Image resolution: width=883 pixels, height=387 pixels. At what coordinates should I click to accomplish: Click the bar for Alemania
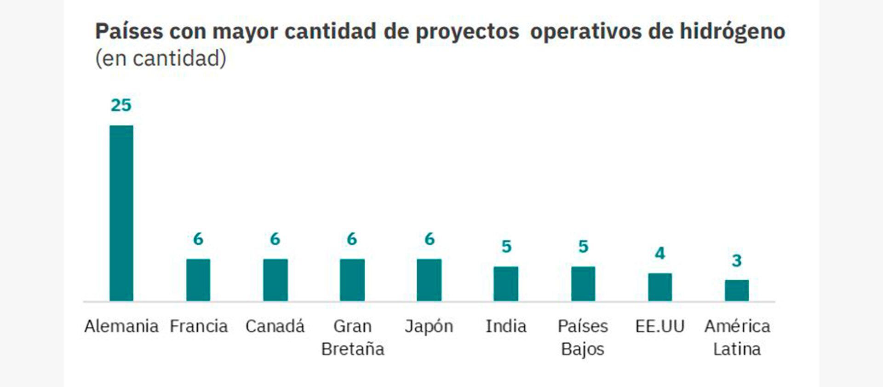[x=121, y=213]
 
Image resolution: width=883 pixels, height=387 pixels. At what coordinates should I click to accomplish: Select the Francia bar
[x=198, y=280]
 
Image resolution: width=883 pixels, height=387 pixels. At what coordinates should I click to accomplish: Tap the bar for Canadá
[x=275, y=280]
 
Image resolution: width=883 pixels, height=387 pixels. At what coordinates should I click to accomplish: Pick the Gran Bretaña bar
[x=352, y=280]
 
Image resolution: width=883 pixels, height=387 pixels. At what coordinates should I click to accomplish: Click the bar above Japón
[x=429, y=280]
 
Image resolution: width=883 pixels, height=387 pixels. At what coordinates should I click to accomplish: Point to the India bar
[x=506, y=283]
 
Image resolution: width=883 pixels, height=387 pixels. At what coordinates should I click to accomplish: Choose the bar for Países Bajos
[x=583, y=283]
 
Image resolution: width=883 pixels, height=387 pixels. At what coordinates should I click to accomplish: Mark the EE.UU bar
[x=660, y=287]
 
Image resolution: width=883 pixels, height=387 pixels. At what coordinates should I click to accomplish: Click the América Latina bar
[x=737, y=290]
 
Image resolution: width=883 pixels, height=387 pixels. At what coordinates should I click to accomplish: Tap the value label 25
[x=121, y=105]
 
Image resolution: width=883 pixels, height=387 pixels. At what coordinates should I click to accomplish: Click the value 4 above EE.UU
[x=660, y=253]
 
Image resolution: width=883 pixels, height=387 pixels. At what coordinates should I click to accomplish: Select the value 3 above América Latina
[x=737, y=260]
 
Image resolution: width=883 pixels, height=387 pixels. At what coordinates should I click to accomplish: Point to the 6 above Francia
[x=198, y=239]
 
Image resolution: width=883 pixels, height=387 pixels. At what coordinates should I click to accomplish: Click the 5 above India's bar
[x=506, y=247]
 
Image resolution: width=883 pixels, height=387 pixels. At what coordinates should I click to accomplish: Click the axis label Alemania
[x=121, y=326]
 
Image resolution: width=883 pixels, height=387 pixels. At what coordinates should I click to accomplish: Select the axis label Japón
[x=429, y=327]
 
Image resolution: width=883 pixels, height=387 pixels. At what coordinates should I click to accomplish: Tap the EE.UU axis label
[x=660, y=326]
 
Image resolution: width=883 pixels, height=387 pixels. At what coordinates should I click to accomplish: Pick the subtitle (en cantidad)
[x=161, y=58]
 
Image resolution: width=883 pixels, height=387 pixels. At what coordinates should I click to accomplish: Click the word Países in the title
[x=129, y=31]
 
